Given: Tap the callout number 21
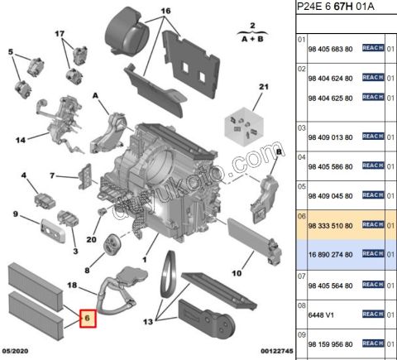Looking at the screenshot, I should [x=264, y=87].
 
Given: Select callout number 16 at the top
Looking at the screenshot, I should [x=165, y=11].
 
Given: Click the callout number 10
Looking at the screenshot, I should [x=236, y=273].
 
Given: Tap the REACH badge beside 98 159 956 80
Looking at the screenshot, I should [x=373, y=343].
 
